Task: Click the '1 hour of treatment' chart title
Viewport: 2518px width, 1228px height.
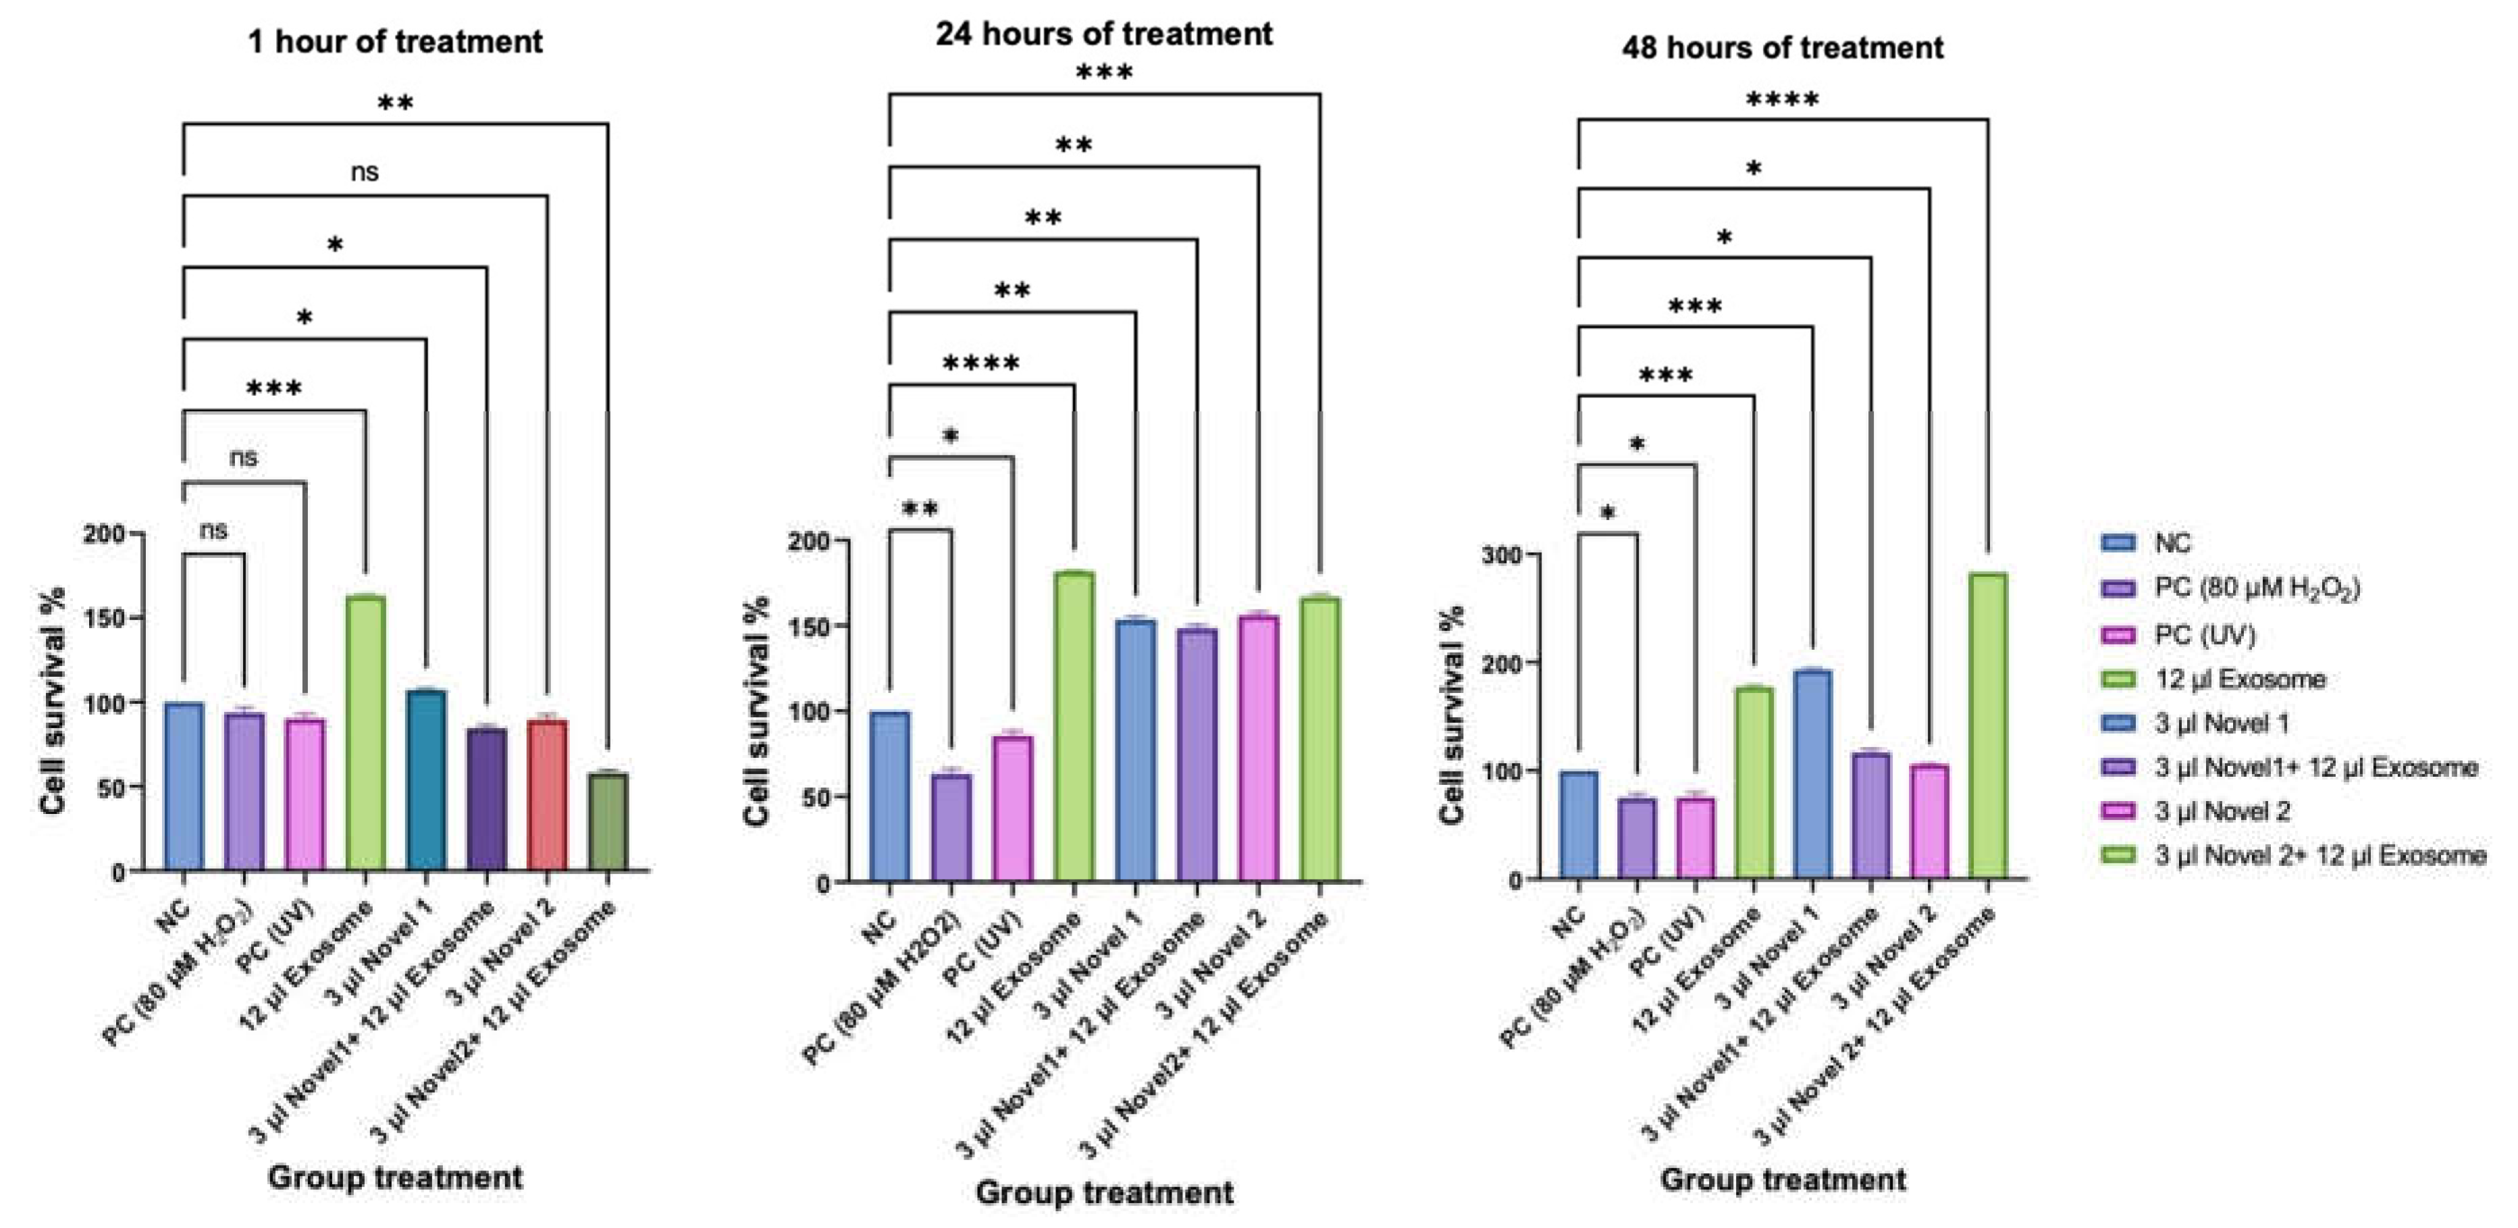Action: coord(395,42)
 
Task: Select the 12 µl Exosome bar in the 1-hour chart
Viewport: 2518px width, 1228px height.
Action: coord(365,734)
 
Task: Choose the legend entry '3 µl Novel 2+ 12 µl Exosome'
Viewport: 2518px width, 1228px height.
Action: coord(2319,856)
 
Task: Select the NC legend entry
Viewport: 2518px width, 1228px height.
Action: coord(2172,544)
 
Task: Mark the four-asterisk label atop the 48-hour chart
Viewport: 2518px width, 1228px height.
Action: coord(1781,100)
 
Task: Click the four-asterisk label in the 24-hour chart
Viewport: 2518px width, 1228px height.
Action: coord(980,365)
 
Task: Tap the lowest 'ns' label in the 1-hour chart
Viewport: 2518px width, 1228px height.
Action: coord(213,530)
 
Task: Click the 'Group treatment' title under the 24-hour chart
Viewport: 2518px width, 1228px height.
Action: coord(1103,1193)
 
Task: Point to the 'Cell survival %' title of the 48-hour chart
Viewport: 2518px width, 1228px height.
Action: coord(1454,714)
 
